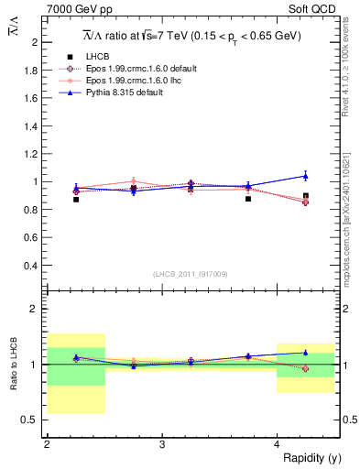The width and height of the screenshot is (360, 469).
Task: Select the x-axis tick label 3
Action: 162,444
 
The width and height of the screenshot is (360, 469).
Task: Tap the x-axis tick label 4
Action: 278,444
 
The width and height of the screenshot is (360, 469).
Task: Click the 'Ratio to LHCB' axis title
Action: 12,365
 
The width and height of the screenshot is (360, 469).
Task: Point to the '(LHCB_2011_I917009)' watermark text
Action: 191,273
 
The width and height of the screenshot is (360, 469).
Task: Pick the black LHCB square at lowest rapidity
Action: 76,199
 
